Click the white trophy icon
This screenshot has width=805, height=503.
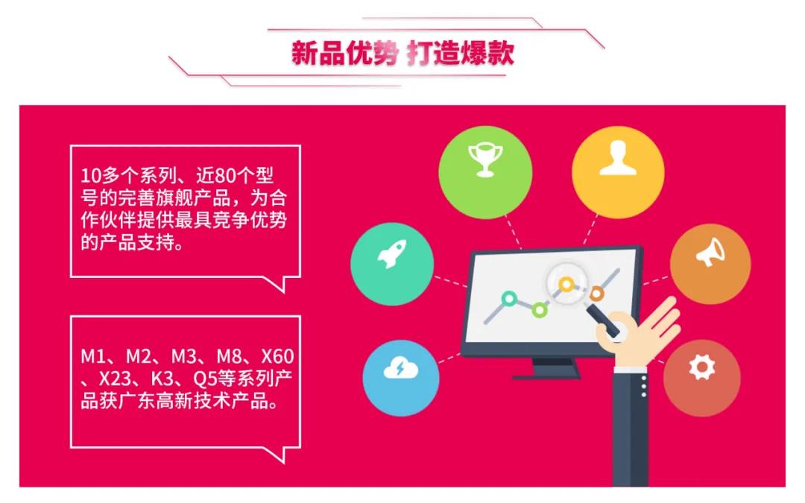click(x=485, y=159)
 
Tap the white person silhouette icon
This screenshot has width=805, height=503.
click(x=618, y=157)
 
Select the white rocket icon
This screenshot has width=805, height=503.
click(x=392, y=254)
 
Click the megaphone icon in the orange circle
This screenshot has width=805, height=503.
click(x=710, y=252)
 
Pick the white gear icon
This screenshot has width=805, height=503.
click(x=702, y=367)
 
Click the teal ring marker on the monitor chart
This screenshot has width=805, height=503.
click(x=509, y=299)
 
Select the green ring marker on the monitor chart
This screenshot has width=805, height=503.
click(x=539, y=310)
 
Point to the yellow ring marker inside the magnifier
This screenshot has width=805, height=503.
click(x=566, y=285)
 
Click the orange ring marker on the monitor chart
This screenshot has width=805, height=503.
click(x=596, y=294)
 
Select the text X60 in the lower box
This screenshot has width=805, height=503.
click(x=277, y=356)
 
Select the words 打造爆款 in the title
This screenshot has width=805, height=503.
click(x=461, y=53)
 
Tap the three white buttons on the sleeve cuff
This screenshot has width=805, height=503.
click(x=644, y=386)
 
